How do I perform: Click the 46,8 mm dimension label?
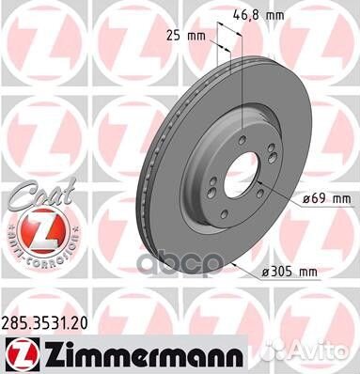click(257, 16)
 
